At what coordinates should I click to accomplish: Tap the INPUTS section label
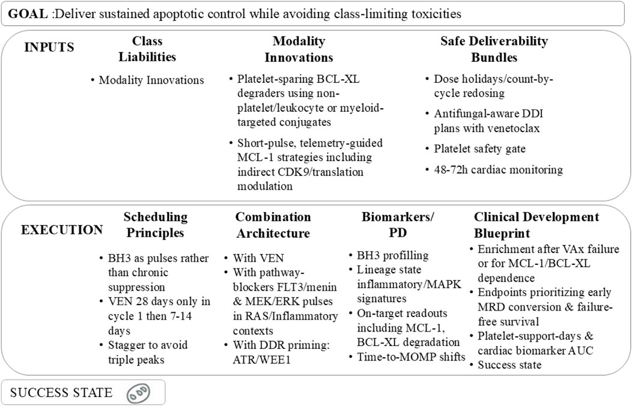point(49,47)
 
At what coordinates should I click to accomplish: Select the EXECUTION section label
point(61,229)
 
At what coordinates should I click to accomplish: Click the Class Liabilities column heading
point(147,49)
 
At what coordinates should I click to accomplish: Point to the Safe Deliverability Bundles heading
point(494,49)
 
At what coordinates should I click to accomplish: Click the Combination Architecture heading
point(273,225)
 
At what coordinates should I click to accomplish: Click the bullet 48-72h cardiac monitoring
point(498,169)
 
